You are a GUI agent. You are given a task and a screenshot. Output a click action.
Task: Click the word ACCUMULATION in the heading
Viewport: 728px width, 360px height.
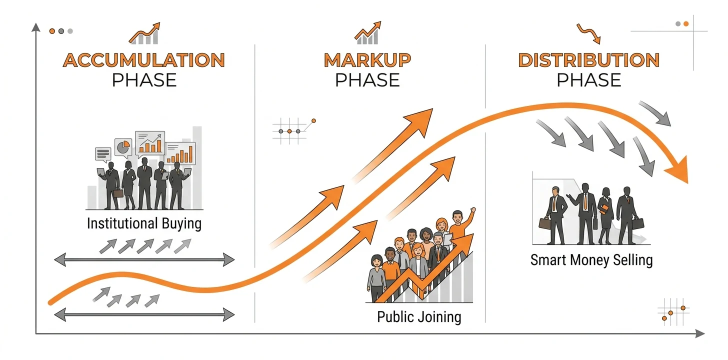pos(144,60)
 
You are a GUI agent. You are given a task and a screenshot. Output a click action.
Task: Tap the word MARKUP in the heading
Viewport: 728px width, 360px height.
pos(367,60)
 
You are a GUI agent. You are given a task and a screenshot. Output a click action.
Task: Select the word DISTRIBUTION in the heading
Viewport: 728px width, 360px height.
pos(589,60)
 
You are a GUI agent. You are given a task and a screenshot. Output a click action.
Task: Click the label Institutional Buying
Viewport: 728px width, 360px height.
pos(144,224)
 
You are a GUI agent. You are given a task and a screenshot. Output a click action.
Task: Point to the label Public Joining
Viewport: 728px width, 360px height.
pos(419,317)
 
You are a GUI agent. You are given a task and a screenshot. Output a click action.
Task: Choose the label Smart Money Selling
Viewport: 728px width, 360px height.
pos(591,260)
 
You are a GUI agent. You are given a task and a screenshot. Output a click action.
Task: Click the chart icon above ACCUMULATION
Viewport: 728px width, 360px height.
pos(144,33)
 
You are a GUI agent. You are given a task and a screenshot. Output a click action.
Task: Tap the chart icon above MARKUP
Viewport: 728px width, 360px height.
pos(367,33)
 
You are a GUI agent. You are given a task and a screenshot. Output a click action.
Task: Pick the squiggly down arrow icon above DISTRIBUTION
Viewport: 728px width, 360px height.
pos(588,34)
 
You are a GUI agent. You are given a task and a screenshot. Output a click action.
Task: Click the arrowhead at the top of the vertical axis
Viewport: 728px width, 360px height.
pos(36,27)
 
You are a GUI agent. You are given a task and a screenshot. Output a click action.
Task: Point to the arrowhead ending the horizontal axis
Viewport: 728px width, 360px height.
pos(700,333)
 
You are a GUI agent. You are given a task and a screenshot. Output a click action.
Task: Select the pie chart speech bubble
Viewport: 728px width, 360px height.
pos(123,148)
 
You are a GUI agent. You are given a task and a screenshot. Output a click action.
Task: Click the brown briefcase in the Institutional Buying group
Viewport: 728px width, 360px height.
pos(118,193)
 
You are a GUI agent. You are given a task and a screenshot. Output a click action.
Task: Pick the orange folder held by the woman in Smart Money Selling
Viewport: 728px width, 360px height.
pos(604,208)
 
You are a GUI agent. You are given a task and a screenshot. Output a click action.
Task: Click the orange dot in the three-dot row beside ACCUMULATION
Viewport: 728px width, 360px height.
pos(52,31)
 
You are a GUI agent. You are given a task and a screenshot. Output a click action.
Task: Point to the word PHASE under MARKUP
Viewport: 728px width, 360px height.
pos(367,80)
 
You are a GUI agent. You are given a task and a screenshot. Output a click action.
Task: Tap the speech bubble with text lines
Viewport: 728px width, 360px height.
pos(103,154)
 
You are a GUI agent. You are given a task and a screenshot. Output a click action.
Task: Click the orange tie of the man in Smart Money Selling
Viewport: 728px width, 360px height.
pos(585,201)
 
